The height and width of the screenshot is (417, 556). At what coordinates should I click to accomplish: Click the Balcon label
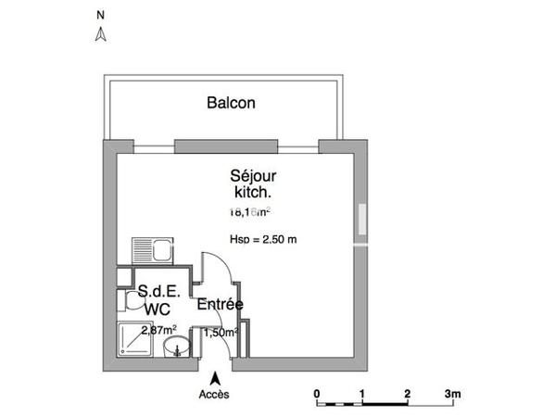coord(230,103)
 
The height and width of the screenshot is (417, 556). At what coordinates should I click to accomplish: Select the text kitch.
coord(253,193)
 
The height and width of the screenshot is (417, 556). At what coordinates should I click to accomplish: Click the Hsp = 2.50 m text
coord(262,240)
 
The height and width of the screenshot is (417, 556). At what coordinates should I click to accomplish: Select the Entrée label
coord(219,304)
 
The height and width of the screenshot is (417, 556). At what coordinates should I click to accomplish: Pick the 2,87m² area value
coord(158,329)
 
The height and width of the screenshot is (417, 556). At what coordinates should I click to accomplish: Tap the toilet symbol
coord(127,301)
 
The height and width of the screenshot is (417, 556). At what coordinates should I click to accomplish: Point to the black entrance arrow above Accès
coord(215,378)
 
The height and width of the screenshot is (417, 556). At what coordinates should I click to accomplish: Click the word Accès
coord(215,394)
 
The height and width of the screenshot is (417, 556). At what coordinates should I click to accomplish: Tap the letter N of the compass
coord(101,15)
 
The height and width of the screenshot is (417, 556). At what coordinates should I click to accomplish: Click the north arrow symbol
coord(102,34)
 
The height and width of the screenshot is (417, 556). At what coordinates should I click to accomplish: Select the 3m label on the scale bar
coord(452,393)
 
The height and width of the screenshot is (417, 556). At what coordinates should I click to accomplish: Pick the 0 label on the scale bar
coord(317,393)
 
